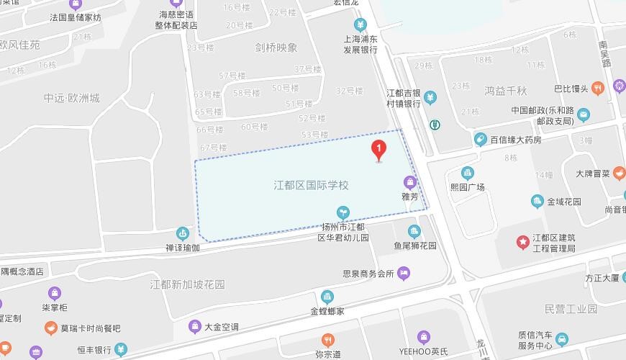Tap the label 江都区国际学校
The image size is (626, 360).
pos(311,185)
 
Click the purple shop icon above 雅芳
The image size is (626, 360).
pos(410,182)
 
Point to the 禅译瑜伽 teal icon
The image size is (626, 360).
pos(183,233)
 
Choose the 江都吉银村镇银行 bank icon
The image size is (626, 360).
pos(430,96)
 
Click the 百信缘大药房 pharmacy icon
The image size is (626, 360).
pos(481,140)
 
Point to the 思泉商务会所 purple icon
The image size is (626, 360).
pos(404,273)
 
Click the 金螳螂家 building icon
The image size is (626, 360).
pos(327,297)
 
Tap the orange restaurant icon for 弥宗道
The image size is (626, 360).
pos(327,339)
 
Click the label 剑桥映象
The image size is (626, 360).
pos(276,48)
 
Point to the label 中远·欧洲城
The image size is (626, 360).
pos(72,99)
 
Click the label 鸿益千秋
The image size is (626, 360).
pos(506,91)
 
